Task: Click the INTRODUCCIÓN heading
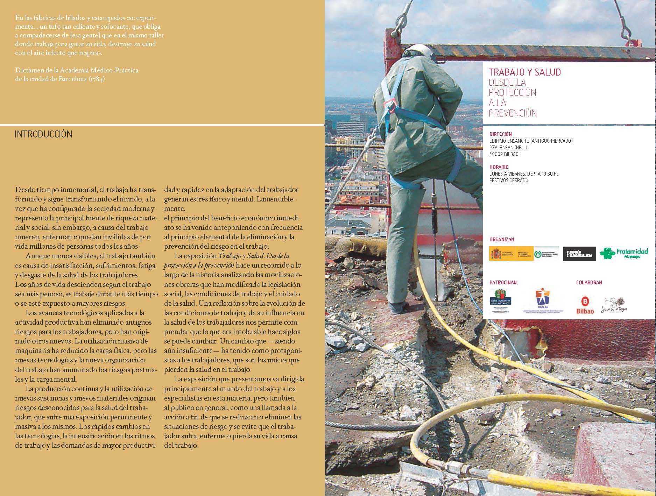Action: [x=43, y=134]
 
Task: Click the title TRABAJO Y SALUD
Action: [x=524, y=72]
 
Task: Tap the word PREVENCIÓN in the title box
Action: [x=513, y=113]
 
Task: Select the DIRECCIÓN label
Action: [x=500, y=134]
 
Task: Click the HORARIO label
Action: [x=499, y=167]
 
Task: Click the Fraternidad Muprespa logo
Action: [x=624, y=253]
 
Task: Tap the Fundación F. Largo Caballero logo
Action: [x=579, y=254]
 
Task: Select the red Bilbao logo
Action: [x=585, y=305]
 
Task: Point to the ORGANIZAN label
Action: [x=502, y=240]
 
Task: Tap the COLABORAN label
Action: [x=589, y=282]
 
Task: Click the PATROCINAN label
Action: [x=503, y=282]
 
